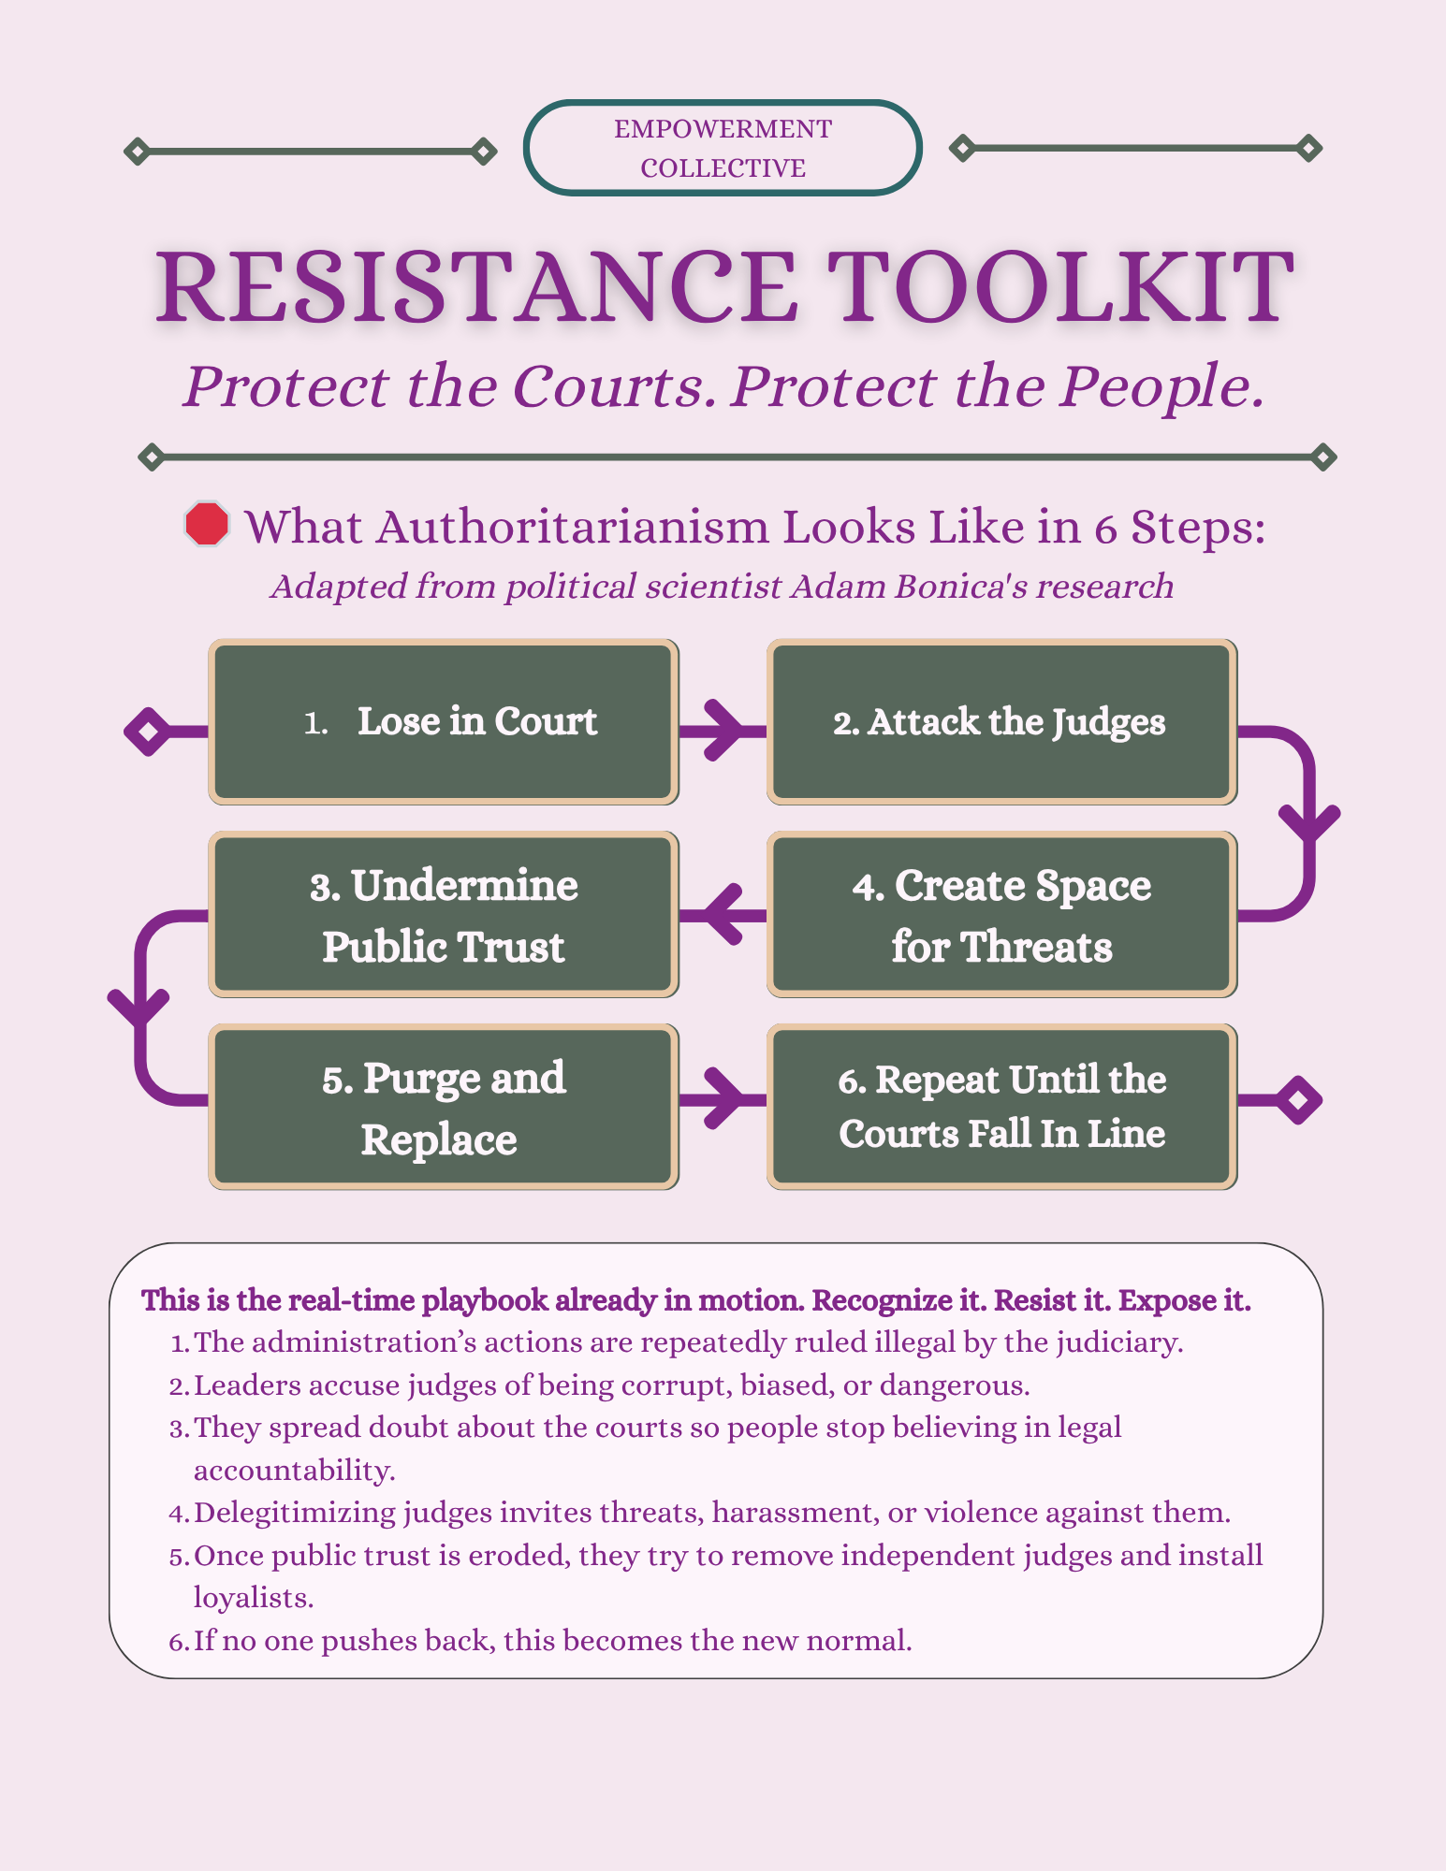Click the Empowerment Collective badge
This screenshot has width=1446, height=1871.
point(723,148)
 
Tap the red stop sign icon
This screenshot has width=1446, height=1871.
point(207,524)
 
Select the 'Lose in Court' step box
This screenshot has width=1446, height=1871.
point(444,722)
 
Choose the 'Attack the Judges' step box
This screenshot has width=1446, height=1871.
point(1001,722)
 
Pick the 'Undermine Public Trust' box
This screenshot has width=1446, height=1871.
point(444,915)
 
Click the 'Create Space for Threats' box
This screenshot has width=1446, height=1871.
point(1001,915)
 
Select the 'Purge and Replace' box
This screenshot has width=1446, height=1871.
point(444,1108)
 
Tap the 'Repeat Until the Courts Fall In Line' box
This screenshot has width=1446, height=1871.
point(1001,1108)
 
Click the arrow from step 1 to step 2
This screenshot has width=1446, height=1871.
point(723,730)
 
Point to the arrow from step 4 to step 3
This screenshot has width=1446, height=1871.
point(723,914)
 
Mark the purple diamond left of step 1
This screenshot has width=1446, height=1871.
point(148,732)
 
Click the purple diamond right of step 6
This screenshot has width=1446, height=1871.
point(1298,1100)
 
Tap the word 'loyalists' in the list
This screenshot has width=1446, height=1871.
point(252,1598)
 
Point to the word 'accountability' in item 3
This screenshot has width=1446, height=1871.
point(293,1471)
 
